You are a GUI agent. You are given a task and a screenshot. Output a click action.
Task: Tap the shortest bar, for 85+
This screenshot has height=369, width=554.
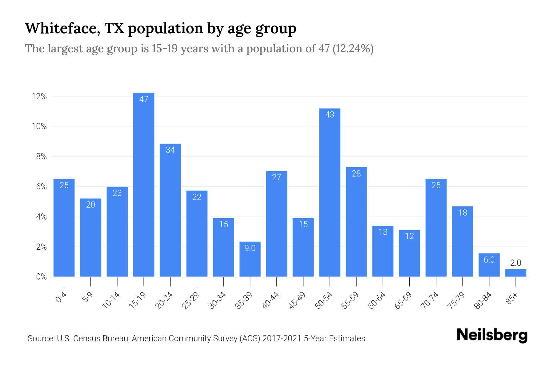(x=516, y=273)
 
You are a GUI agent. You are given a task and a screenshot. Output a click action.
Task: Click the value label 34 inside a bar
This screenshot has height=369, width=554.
(x=170, y=150)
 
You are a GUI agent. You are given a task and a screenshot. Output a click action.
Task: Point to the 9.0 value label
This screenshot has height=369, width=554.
(x=250, y=248)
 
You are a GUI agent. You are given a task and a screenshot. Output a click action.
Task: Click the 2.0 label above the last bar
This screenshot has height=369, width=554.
(x=516, y=263)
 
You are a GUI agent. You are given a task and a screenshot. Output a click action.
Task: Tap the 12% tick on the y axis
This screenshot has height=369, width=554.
(x=39, y=97)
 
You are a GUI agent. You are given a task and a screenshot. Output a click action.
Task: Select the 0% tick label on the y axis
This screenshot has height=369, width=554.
(x=41, y=277)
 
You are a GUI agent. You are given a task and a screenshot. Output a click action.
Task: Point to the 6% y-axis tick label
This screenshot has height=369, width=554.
(x=41, y=187)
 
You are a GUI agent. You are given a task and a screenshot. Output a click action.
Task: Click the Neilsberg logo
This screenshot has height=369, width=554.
(x=492, y=335)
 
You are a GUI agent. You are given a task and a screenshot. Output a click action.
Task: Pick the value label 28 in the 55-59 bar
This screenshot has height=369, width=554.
(x=356, y=174)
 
